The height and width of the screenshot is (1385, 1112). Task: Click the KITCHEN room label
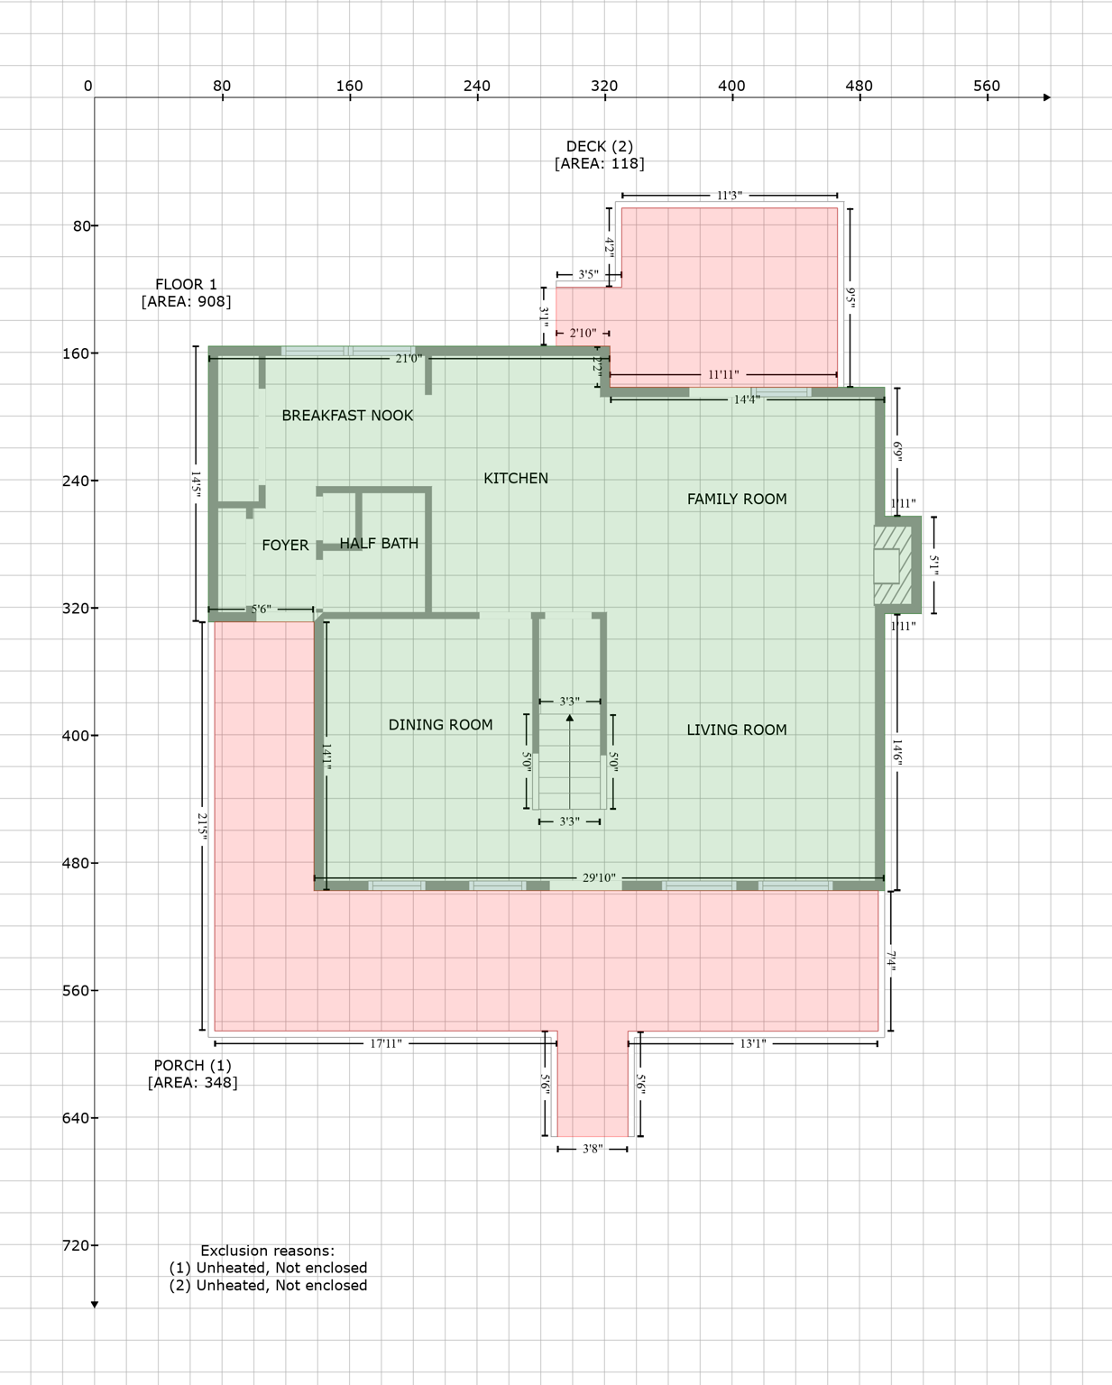(515, 478)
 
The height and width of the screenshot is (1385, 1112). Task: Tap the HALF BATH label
(379, 543)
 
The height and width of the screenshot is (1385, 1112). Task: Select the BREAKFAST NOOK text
(347, 416)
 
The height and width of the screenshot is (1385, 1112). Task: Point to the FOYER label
(285, 546)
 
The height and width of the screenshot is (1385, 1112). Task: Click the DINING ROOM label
(440, 725)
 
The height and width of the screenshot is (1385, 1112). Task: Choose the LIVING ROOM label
(736, 729)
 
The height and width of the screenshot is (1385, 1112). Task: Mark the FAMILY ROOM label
(736, 499)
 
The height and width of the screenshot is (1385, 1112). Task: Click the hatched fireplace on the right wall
(893, 565)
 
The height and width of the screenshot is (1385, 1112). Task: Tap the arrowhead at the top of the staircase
(569, 718)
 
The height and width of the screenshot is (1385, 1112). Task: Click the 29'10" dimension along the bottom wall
(598, 877)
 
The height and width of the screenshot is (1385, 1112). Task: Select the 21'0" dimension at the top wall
(408, 359)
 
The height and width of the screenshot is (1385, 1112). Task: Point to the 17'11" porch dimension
(385, 1044)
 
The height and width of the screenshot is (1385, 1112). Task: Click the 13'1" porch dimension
(752, 1044)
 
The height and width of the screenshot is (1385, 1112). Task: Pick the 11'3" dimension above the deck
(729, 196)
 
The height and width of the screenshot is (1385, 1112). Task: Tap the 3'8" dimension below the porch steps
(592, 1149)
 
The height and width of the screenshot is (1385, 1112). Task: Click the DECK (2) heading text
(599, 146)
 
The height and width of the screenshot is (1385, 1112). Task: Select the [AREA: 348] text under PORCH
(192, 1082)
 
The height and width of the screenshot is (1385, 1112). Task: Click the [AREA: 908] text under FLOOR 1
(186, 301)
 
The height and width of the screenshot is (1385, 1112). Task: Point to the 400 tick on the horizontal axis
(731, 87)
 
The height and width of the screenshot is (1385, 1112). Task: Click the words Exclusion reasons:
(267, 1251)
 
